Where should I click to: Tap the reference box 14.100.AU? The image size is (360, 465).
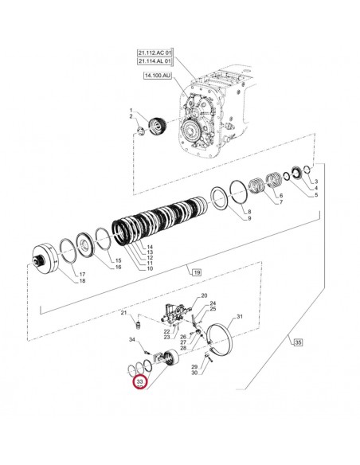click(x=158, y=76)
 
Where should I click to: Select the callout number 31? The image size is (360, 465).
click(x=239, y=317)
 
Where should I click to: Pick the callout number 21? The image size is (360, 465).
click(x=123, y=314)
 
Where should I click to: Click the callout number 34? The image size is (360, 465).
click(x=132, y=340)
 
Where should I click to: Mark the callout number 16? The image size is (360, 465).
click(x=118, y=267)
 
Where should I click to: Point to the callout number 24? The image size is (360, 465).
click(x=213, y=303)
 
